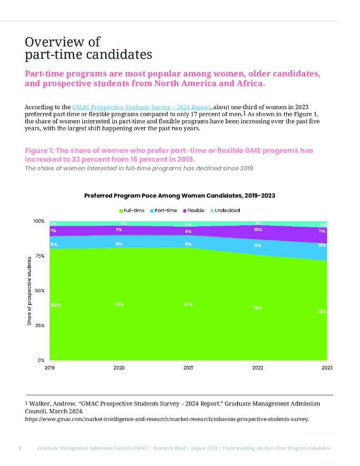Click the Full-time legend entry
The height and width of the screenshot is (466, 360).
[x=132, y=211]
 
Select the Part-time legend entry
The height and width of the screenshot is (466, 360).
[x=163, y=211]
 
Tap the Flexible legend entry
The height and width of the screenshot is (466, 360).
[x=193, y=211]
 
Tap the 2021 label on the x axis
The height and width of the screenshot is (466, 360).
[x=188, y=367]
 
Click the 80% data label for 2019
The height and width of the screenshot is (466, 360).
[x=56, y=304]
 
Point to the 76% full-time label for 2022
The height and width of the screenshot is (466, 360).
[x=258, y=308]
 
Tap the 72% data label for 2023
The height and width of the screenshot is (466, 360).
[x=321, y=312]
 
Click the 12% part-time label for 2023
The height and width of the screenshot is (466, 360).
[x=321, y=245]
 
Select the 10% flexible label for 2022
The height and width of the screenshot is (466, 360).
[x=258, y=230]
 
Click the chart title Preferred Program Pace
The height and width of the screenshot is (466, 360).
[x=180, y=195]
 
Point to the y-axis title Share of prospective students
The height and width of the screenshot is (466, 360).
[x=29, y=290]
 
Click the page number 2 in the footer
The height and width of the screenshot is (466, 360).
[x=20, y=448]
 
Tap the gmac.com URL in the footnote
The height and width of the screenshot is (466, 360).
[x=167, y=419]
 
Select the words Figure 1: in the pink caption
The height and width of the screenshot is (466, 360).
[x=41, y=151]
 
